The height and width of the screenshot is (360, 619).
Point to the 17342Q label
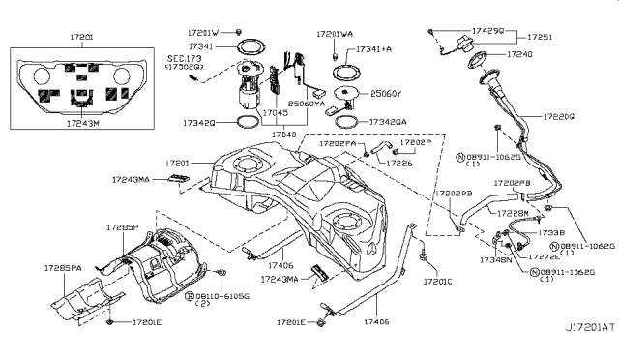(x=199, y=123)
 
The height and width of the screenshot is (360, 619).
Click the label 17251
(x=566, y=36)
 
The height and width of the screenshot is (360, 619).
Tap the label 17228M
(x=514, y=212)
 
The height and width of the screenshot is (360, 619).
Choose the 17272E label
(x=545, y=256)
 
